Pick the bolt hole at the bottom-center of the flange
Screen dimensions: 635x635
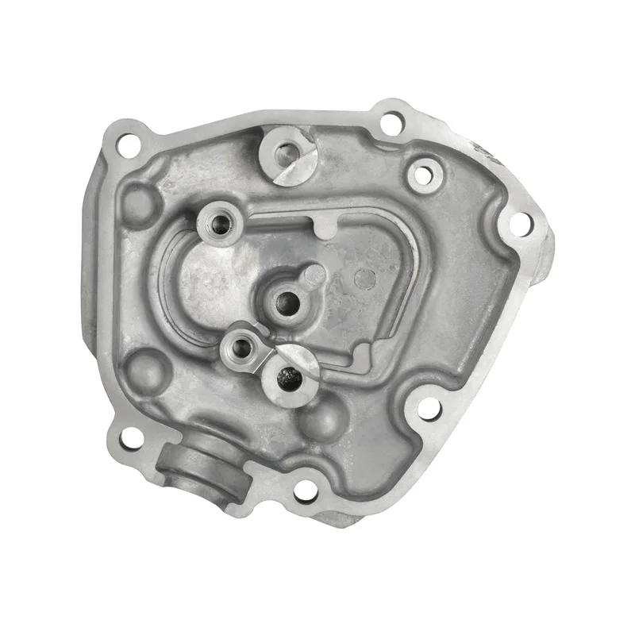pyautogui.click(x=304, y=494)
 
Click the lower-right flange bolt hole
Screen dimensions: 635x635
pyautogui.click(x=429, y=410)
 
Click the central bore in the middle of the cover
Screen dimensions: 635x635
pyautogui.click(x=285, y=301)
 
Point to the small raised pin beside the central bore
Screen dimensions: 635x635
pyautogui.click(x=315, y=275)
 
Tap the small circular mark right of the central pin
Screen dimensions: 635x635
pyautogui.click(x=364, y=278)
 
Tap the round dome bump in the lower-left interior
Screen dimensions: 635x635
pyautogui.click(x=145, y=368)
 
